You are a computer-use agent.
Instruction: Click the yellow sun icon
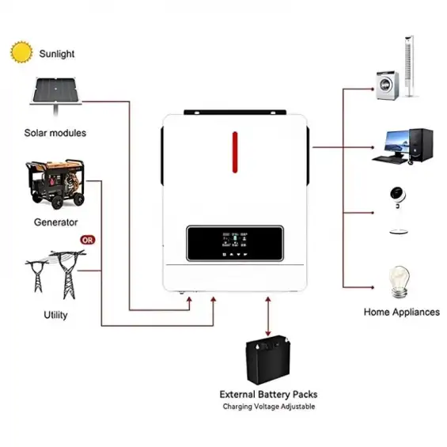click(21, 53)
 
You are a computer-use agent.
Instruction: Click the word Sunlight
click(57, 54)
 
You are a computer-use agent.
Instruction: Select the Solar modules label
click(55, 133)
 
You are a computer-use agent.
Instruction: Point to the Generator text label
click(55, 222)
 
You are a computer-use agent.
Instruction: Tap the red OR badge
click(87, 240)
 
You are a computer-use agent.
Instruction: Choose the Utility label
click(56, 315)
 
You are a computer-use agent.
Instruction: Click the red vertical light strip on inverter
click(234, 151)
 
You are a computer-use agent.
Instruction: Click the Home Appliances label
click(401, 312)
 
